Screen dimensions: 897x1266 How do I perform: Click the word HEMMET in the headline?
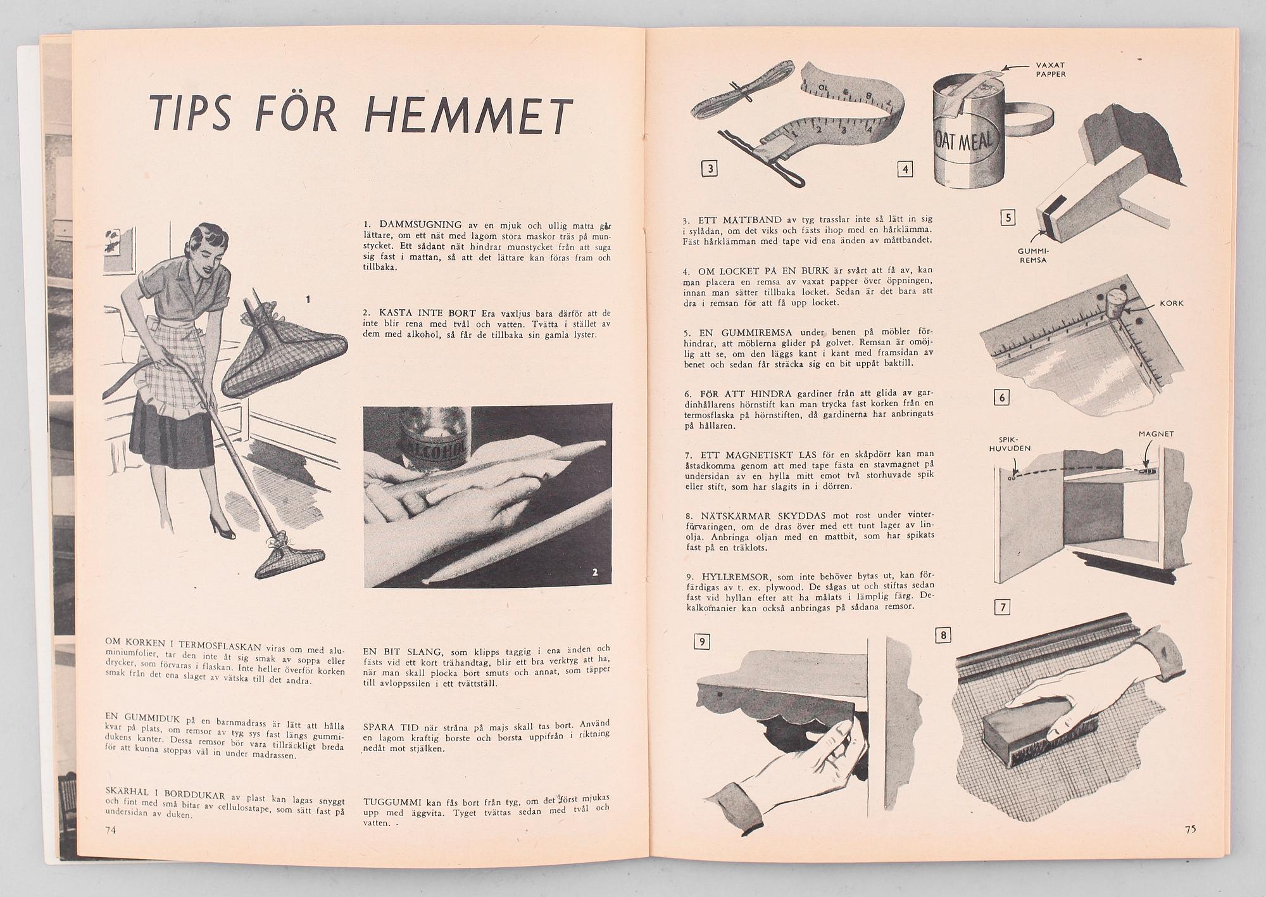coord(469,115)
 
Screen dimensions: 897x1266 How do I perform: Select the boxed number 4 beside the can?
coord(905,169)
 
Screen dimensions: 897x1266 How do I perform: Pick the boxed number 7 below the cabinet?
coord(1002,608)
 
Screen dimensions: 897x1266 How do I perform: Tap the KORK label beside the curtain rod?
coord(1172,303)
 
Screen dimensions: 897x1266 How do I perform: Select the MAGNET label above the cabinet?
coord(1156,434)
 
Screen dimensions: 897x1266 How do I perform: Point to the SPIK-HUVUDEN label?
coord(1015,443)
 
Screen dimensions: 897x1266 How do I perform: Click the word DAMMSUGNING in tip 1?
coord(420,225)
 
